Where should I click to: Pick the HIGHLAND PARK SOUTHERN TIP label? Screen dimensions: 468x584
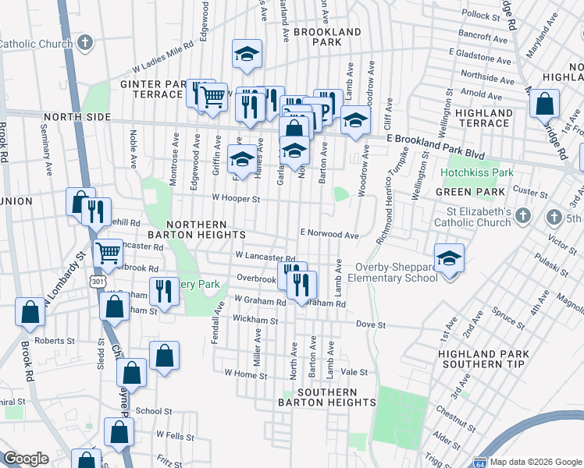483,359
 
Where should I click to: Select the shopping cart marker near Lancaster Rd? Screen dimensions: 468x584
107,252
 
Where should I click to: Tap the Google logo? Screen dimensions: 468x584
26,459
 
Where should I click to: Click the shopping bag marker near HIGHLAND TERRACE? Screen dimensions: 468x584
544,103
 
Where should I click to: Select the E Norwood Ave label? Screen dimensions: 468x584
329,234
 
